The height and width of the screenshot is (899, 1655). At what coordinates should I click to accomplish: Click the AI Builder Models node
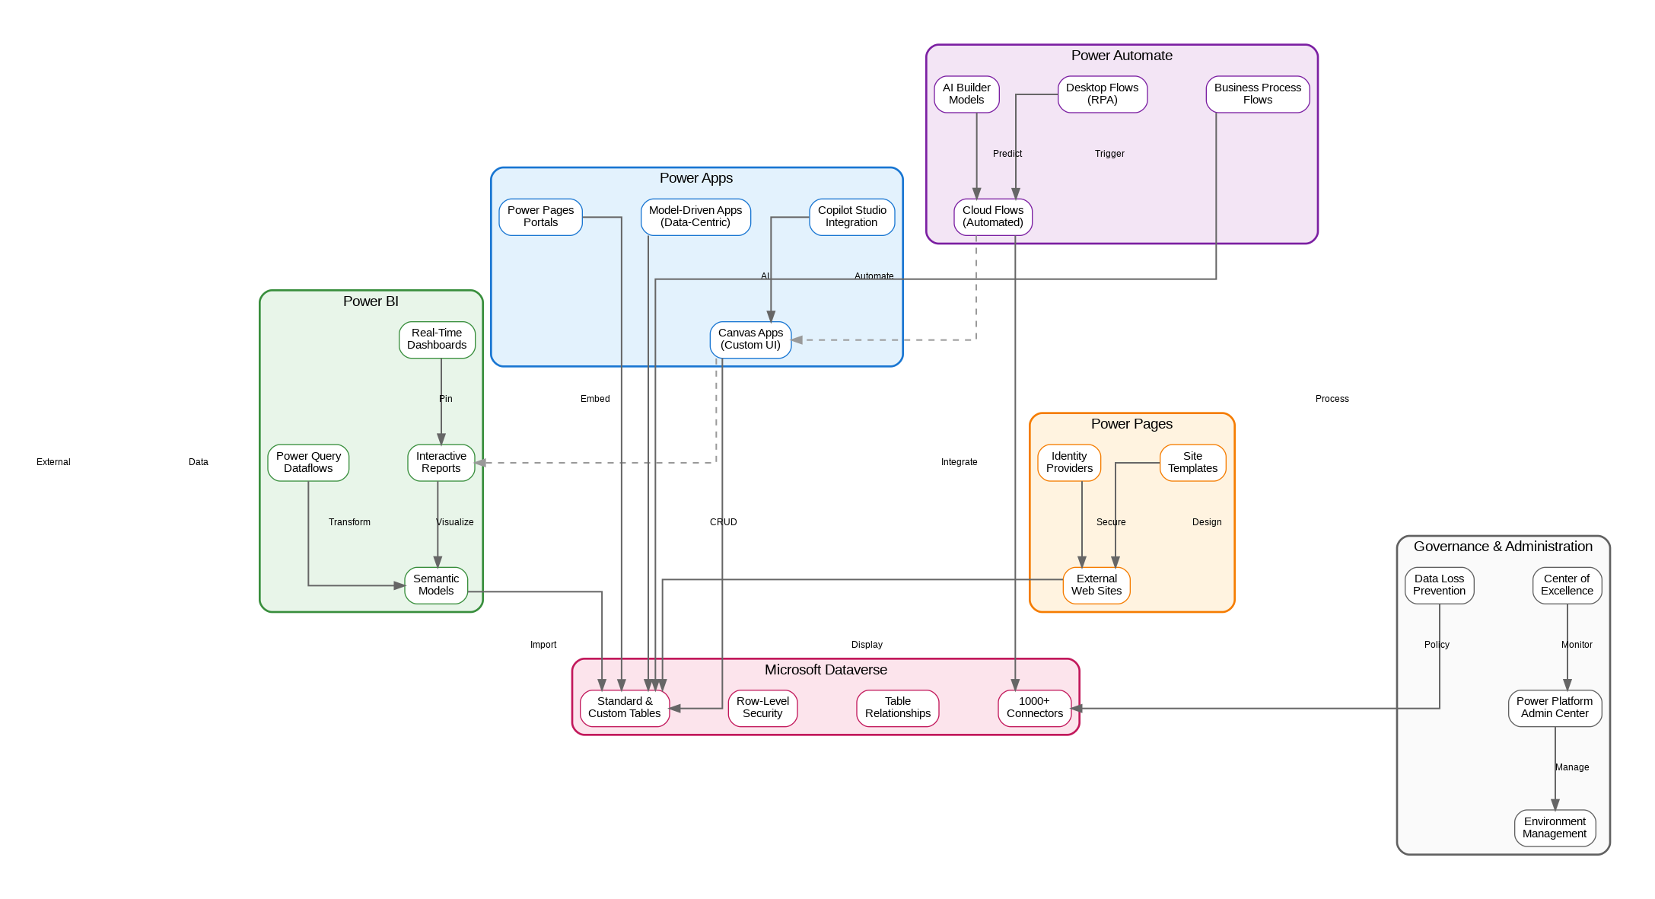[x=966, y=94]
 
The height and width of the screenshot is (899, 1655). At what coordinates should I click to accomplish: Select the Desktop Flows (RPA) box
[x=1102, y=94]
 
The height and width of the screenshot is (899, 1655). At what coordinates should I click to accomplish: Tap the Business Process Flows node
[x=1257, y=94]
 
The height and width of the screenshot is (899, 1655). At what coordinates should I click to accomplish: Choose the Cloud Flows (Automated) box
[x=993, y=217]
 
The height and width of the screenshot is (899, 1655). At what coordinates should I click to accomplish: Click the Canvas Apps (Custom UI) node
[x=750, y=340]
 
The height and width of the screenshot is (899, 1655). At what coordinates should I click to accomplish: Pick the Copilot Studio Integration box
[x=851, y=217]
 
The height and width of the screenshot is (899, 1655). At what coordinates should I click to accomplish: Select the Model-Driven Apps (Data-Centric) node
[x=695, y=217]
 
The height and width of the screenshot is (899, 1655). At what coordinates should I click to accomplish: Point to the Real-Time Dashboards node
[x=437, y=340]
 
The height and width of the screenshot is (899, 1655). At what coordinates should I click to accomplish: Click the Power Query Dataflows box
[x=308, y=463]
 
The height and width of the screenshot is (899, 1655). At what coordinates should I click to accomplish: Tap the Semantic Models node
[x=436, y=585]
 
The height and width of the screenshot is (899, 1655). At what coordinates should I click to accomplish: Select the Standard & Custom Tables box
[x=624, y=708]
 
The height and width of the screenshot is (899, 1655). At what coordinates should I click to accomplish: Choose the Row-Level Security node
[x=762, y=708]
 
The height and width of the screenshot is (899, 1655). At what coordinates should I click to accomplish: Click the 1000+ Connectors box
[x=1034, y=708]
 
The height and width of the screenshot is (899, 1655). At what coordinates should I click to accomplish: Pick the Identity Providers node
[x=1069, y=463]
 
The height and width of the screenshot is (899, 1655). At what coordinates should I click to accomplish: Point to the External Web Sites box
[x=1096, y=585]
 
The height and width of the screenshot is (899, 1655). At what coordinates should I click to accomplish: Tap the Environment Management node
[x=1555, y=828]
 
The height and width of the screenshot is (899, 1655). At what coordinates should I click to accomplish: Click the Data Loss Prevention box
[x=1439, y=585]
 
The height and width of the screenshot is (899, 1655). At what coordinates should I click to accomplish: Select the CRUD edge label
[x=724, y=522]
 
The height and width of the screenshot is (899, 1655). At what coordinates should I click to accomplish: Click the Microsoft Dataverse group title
[x=826, y=670]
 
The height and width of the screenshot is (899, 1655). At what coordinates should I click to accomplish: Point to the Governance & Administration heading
[x=1503, y=547]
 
